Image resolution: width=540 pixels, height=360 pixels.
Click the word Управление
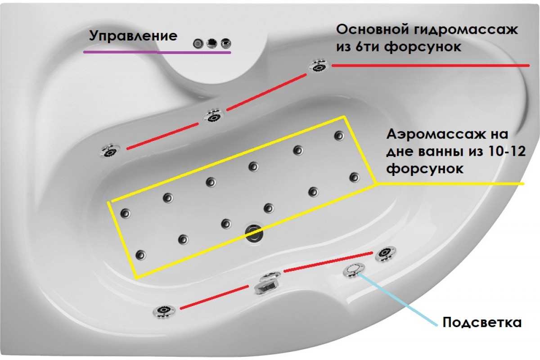[133, 36]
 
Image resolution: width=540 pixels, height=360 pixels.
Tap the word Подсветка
[482, 323]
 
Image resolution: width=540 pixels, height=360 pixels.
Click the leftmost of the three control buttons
[198, 43]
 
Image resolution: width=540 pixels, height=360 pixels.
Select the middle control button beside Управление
[211, 43]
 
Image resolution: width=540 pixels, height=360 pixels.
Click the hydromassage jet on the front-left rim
[165, 310]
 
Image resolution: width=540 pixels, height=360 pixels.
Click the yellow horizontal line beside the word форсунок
[450, 184]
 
